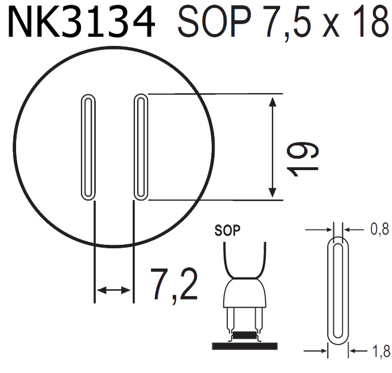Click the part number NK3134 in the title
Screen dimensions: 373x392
coord(81,23)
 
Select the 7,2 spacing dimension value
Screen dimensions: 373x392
coord(174,284)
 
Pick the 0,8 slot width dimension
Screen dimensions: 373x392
coord(379,230)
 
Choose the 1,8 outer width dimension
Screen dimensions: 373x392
coord(379,350)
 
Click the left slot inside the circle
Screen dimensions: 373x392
coord(88,147)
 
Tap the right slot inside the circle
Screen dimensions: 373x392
coord(141,147)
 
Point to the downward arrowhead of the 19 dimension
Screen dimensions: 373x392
coord(274,193)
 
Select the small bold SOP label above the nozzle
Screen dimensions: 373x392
coord(227,232)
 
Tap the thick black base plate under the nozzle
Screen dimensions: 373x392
coord(244,345)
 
